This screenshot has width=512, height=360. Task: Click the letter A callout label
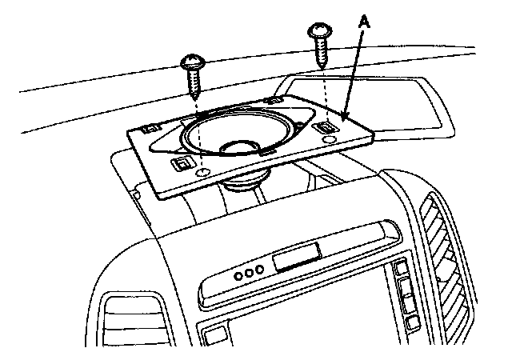(x=364, y=26)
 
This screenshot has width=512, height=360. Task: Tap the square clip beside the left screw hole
(x=182, y=165)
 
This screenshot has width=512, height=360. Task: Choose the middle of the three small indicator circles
(x=248, y=274)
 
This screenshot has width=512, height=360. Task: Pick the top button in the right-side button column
(x=401, y=269)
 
